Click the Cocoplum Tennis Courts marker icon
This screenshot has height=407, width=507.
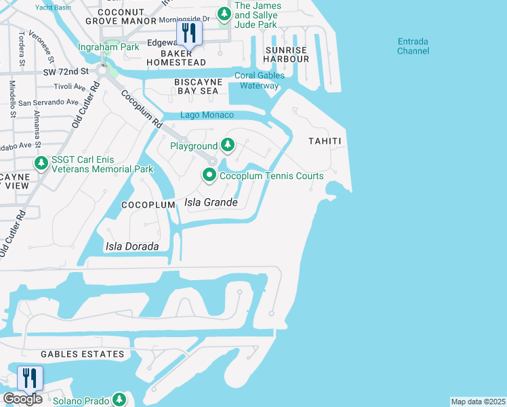[x=209, y=176]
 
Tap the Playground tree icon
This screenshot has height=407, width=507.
[x=228, y=145]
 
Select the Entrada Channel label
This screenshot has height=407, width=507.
[x=413, y=46]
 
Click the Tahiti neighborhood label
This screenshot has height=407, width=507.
[x=323, y=141]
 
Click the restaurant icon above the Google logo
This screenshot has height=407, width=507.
[x=30, y=378]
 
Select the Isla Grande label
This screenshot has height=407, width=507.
[x=211, y=202]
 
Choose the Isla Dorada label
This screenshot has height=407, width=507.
[x=132, y=246]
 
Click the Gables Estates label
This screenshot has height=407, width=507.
[x=82, y=354]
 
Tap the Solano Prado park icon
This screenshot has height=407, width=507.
[x=120, y=400]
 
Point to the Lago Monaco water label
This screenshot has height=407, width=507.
[x=207, y=115]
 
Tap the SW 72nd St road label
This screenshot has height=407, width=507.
[x=67, y=71]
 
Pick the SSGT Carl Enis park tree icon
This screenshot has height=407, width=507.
[x=41, y=163]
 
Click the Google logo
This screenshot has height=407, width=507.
[x=22, y=399]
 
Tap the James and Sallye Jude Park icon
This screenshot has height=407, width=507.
[x=224, y=13]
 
